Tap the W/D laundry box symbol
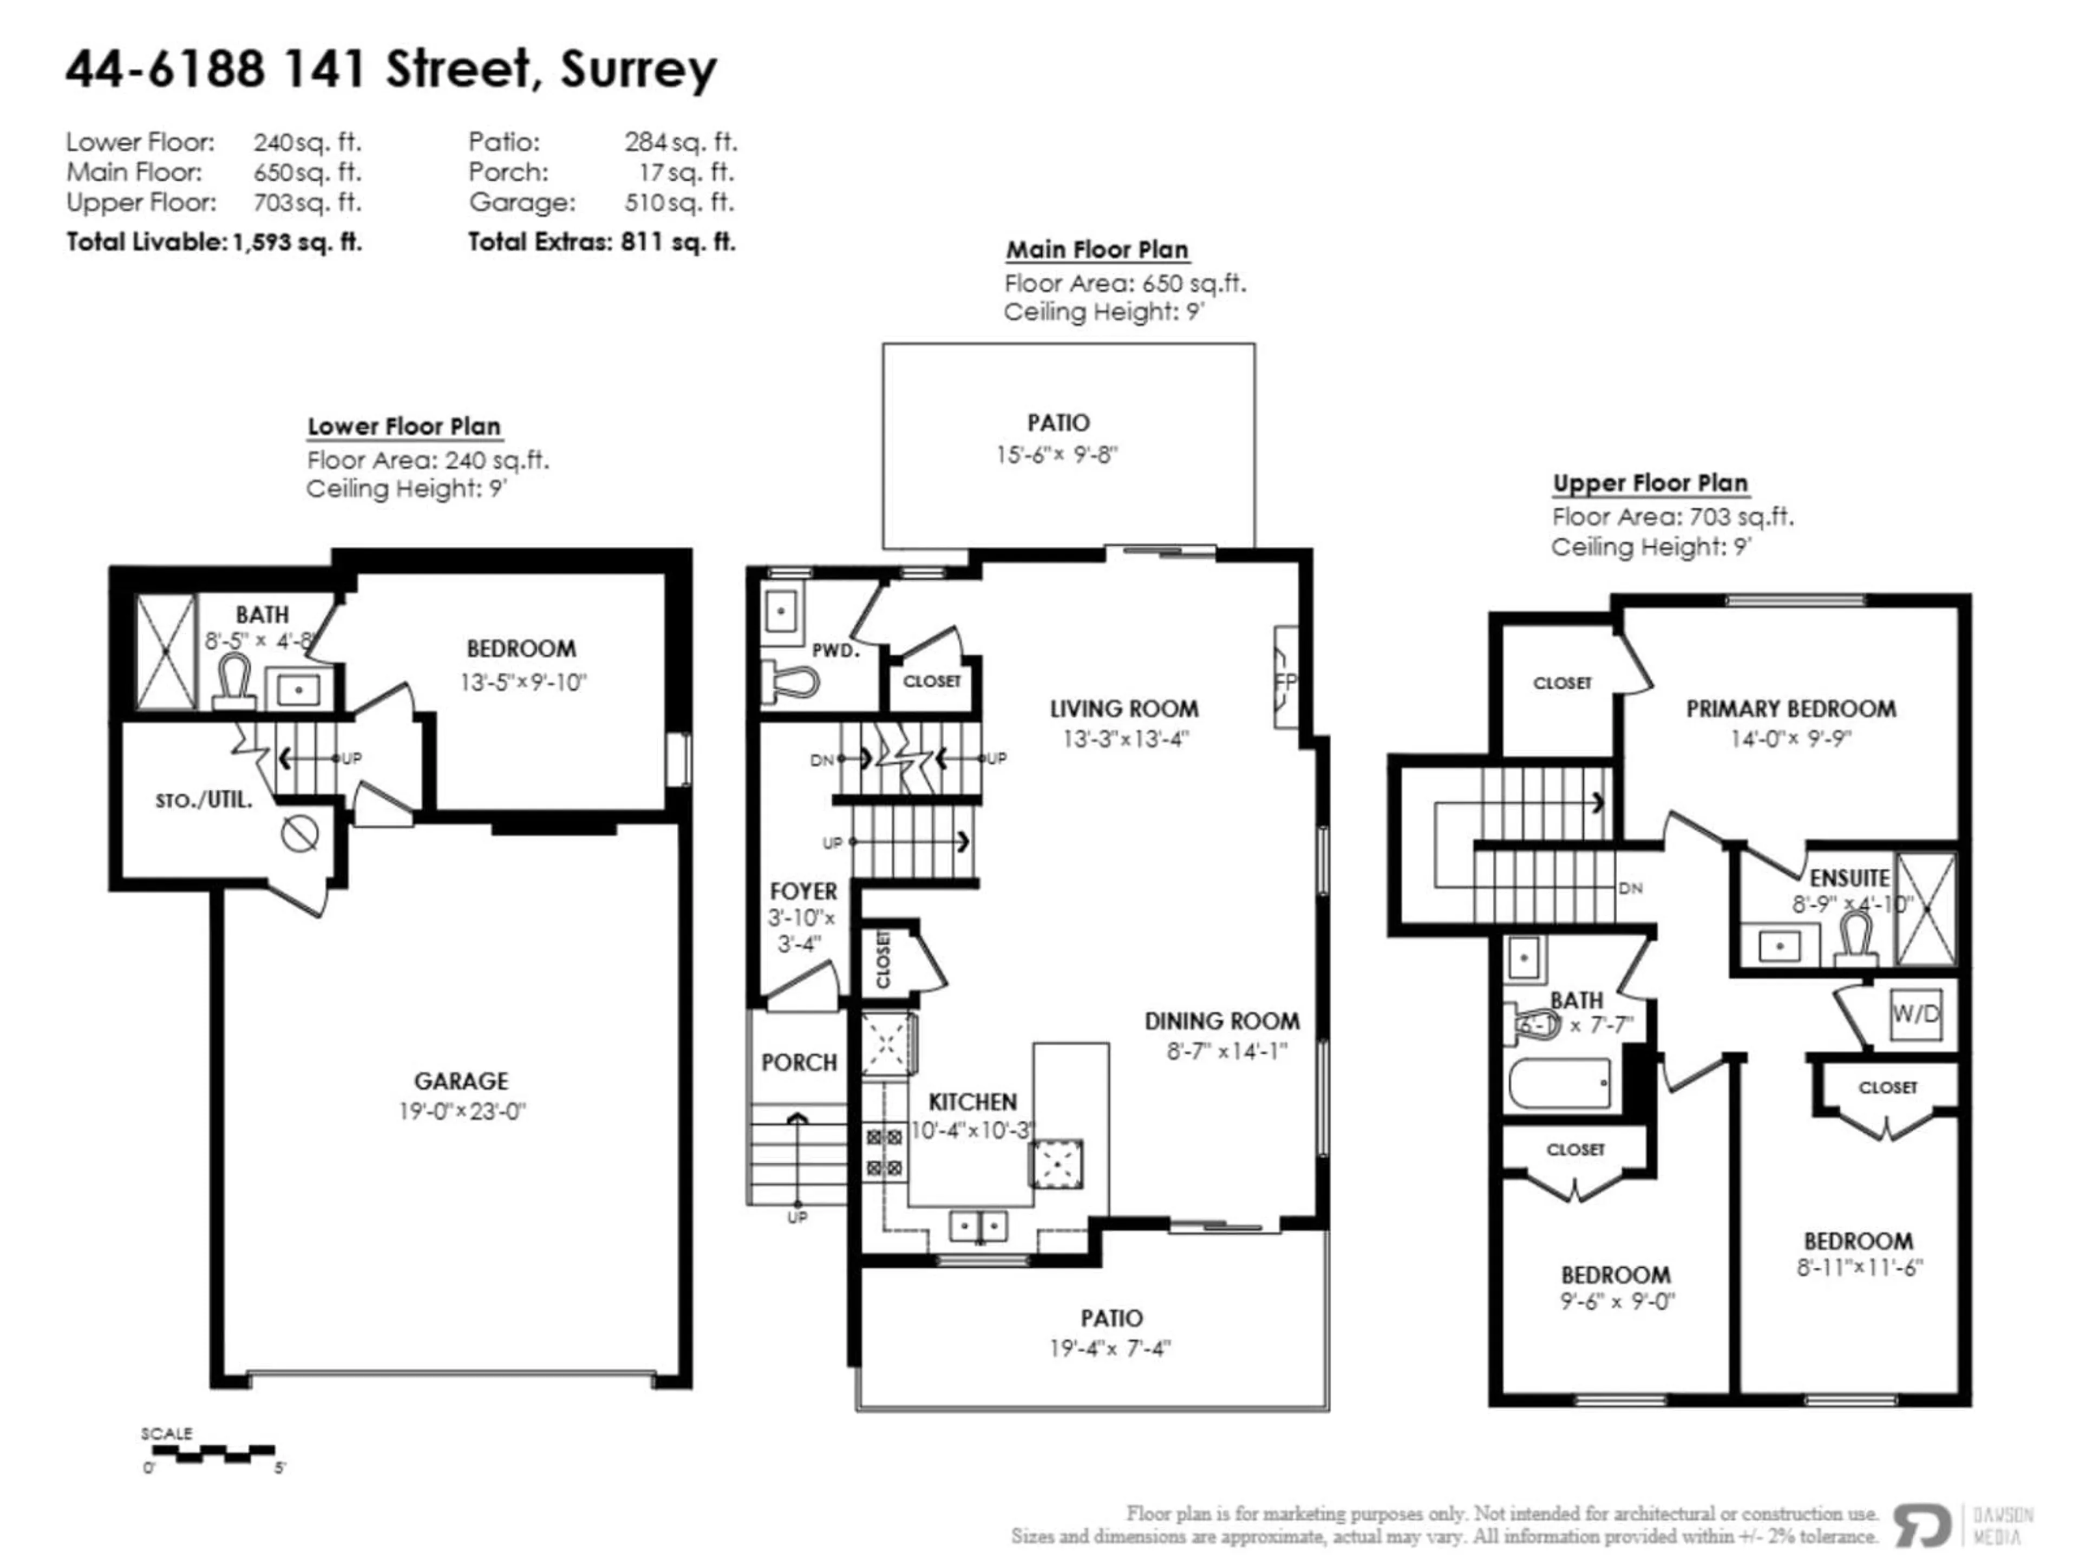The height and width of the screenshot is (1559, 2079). click(1914, 1014)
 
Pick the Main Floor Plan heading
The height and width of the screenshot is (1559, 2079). click(1097, 250)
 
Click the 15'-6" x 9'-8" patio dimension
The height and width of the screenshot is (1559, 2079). click(1057, 455)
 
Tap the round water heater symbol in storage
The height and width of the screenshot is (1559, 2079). click(300, 834)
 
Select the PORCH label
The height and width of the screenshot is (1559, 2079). click(799, 1063)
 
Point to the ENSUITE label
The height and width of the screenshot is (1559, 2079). click(1849, 877)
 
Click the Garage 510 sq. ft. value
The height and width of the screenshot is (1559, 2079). click(679, 202)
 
